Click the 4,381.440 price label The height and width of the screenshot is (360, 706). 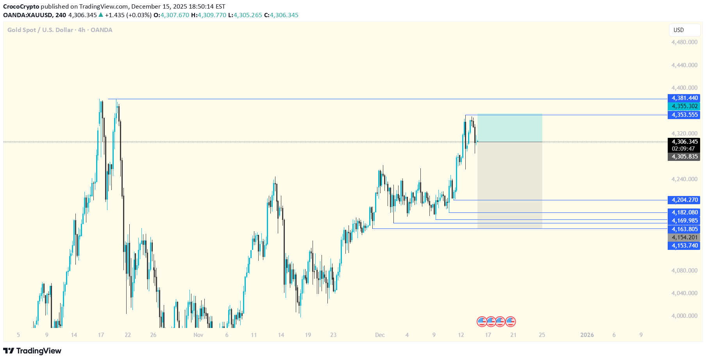[684, 98]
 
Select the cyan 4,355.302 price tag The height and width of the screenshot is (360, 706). [684, 106]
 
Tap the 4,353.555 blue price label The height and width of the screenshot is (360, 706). [684, 115]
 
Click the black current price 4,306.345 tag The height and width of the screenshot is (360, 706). [684, 142]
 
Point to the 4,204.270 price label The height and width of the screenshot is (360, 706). [684, 200]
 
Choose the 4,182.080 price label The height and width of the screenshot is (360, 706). [684, 212]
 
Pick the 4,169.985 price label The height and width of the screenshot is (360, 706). [684, 221]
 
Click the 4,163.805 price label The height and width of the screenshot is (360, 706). [684, 229]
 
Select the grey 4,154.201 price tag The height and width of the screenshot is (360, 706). [684, 237]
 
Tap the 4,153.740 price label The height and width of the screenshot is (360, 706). [684, 246]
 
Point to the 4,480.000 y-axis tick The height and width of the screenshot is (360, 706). [684, 42]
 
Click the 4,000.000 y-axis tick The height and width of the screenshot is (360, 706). [684, 316]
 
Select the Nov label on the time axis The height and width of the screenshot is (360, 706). [198, 335]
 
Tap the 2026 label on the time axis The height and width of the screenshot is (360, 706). [587, 335]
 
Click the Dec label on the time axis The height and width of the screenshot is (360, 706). [380, 335]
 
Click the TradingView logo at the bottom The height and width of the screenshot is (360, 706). [32, 351]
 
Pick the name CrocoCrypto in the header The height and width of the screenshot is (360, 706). [21, 7]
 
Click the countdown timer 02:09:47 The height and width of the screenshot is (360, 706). [683, 149]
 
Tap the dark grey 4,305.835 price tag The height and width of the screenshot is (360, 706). [684, 157]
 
